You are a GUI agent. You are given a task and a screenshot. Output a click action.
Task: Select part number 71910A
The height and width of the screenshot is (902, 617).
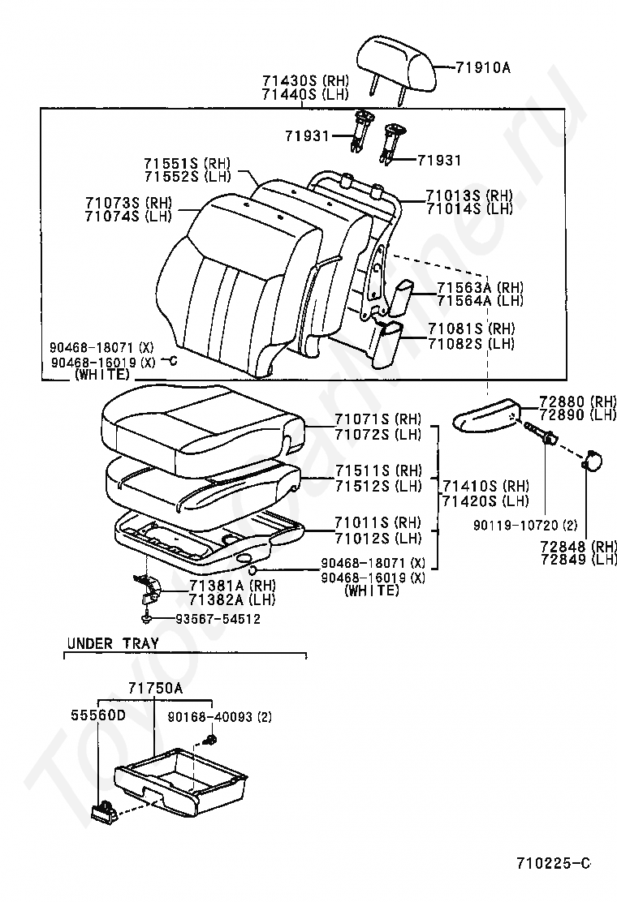click(x=483, y=68)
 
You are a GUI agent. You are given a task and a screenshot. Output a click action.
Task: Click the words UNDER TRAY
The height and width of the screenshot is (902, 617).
click(x=112, y=644)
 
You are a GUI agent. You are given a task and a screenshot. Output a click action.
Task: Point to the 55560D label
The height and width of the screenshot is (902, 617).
click(x=98, y=715)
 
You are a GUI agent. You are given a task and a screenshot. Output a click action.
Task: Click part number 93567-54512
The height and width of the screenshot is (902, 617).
click(x=209, y=619)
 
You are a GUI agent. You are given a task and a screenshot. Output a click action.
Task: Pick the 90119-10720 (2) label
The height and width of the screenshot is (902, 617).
click(x=525, y=525)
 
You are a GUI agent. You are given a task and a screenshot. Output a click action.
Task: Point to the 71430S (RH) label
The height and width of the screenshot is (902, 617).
click(x=305, y=80)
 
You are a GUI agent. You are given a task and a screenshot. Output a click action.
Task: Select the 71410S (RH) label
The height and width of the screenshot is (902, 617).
click(x=485, y=486)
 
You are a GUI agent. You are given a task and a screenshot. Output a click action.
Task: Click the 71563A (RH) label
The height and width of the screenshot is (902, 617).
click(x=481, y=286)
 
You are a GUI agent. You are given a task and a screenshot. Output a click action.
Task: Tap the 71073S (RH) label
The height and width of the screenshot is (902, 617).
click(x=129, y=203)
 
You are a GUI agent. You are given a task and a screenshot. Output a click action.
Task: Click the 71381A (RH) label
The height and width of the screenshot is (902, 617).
click(x=232, y=586)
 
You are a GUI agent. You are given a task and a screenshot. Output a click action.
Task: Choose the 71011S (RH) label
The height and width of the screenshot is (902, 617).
click(x=378, y=523)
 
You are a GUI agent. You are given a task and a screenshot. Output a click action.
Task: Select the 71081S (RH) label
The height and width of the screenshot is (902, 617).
click(x=472, y=329)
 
